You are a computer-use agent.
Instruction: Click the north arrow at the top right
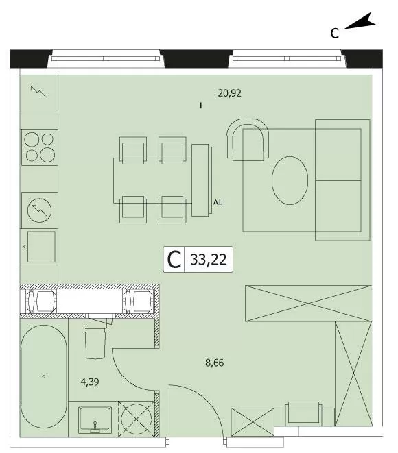point(360,23)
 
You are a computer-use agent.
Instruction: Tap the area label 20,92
point(229,93)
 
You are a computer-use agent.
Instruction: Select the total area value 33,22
point(208,260)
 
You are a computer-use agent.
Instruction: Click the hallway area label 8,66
point(214,363)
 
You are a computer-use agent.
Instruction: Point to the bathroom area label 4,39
point(90,382)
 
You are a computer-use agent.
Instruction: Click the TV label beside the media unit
point(218,202)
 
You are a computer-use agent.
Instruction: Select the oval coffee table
point(290,180)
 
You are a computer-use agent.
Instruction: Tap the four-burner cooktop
point(40,147)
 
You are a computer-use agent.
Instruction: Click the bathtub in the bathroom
point(44,376)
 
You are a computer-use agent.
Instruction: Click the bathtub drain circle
point(44,376)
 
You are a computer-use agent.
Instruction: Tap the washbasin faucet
point(95,428)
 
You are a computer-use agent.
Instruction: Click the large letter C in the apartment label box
point(174,260)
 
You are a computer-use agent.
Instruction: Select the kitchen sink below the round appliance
point(41,247)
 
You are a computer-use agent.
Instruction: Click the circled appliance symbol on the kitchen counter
point(39,210)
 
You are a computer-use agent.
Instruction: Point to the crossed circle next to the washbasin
point(137,418)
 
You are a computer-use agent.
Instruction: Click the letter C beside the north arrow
point(334,34)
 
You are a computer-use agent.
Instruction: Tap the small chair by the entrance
point(303,414)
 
